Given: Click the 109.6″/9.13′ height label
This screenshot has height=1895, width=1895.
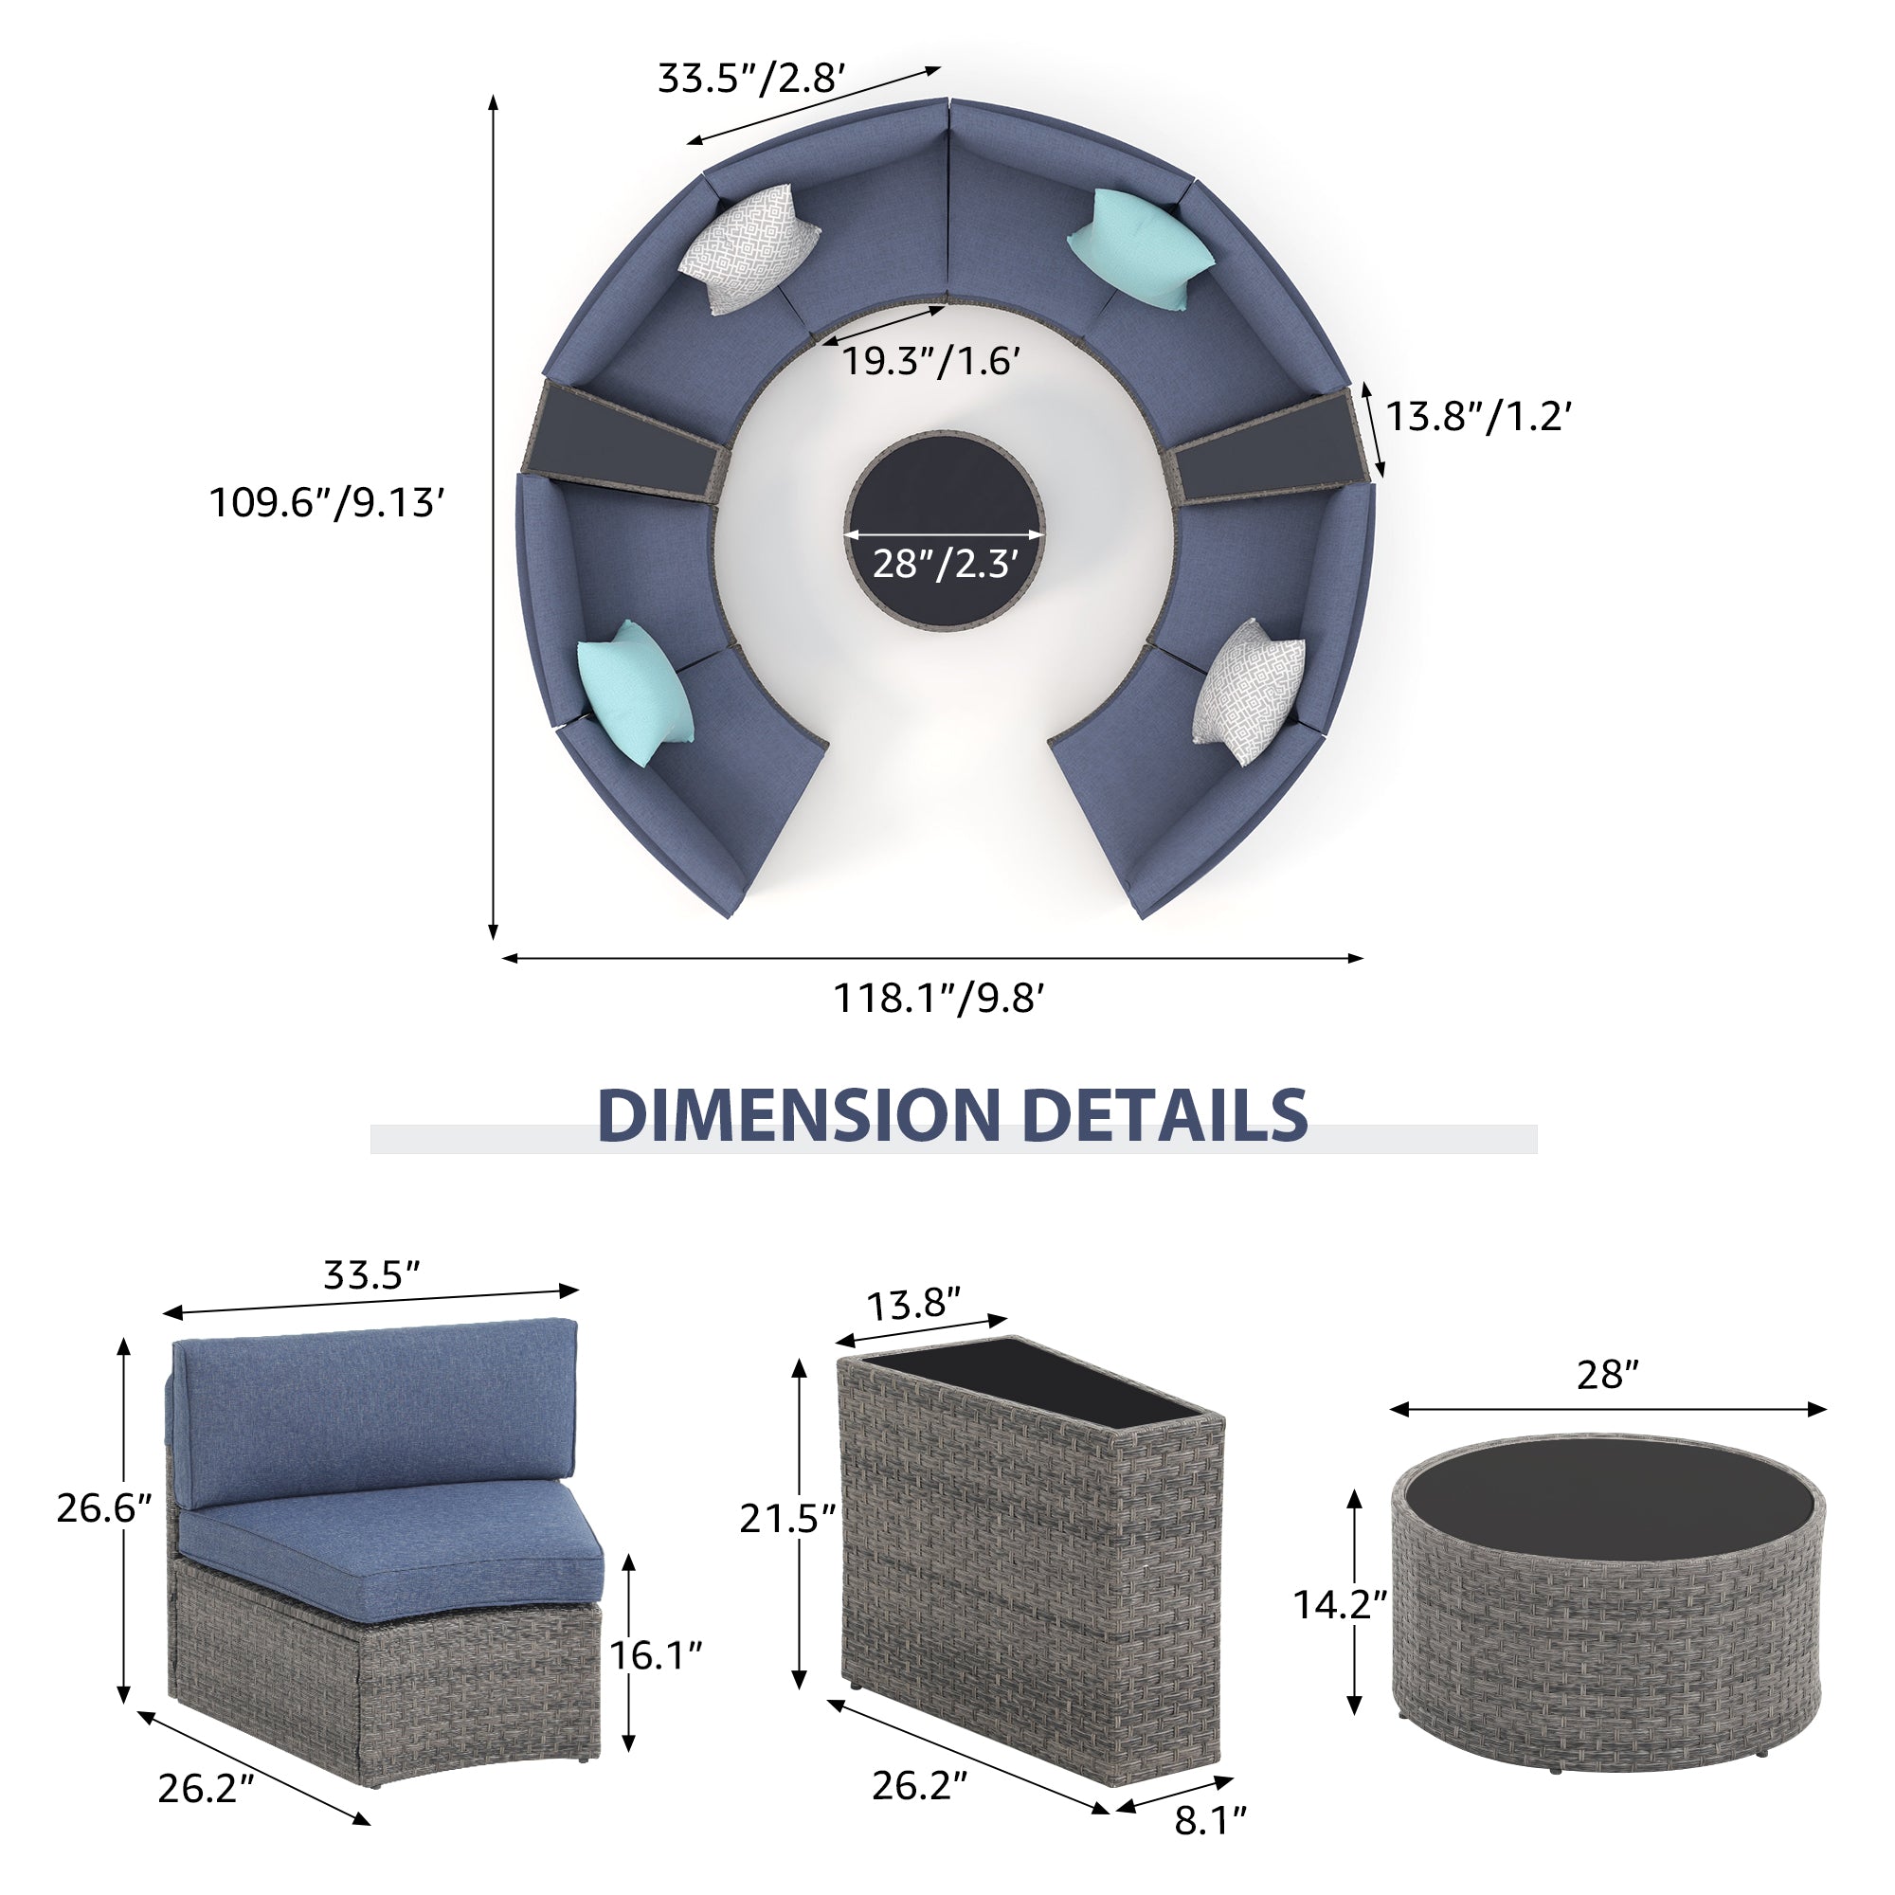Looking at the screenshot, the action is [328, 503].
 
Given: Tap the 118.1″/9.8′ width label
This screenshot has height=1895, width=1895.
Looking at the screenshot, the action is [939, 999].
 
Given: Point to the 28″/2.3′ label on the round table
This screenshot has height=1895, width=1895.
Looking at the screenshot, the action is [944, 564].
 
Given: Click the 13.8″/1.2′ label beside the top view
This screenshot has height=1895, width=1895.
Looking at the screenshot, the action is [1479, 417].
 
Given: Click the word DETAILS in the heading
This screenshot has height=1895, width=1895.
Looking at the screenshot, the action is [1164, 1114].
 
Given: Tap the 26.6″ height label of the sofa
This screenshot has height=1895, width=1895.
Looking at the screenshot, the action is [104, 1507].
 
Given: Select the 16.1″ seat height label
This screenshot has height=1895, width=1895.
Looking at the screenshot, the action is [657, 1654].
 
